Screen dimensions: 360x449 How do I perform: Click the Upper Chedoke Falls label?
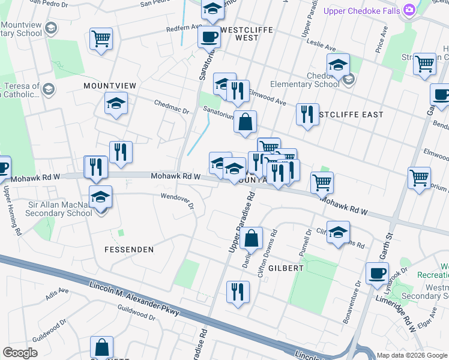click(x=362, y=10)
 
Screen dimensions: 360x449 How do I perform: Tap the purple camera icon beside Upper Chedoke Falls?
click(x=409, y=10)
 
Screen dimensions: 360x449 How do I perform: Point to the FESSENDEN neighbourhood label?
click(x=129, y=249)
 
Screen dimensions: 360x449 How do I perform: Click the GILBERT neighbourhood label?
click(x=286, y=268)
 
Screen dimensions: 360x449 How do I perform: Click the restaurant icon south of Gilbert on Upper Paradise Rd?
click(x=238, y=293)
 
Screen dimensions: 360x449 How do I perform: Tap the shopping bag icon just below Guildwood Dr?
click(x=101, y=347)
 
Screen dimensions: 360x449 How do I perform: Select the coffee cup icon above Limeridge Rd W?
click(x=378, y=273)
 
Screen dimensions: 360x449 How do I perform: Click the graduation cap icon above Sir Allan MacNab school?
click(x=100, y=196)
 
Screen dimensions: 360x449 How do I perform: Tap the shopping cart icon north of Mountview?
click(x=101, y=39)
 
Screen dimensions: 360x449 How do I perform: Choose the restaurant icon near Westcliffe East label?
click(x=307, y=114)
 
